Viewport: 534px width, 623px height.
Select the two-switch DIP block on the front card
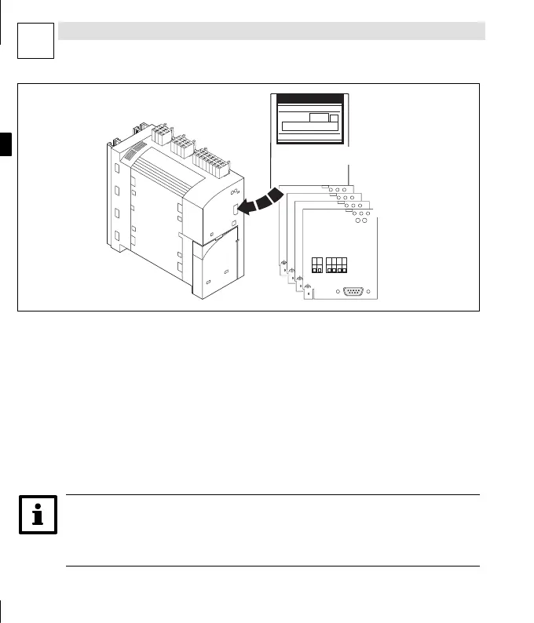tap(317, 264)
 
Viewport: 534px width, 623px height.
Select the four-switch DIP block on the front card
tap(338, 264)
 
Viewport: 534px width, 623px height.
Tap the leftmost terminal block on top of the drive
tap(163, 134)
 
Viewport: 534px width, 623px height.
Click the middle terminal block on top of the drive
tap(185, 146)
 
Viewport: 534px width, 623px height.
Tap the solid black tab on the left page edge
tap(6, 145)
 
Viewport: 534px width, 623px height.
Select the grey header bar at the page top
tap(271, 31)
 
